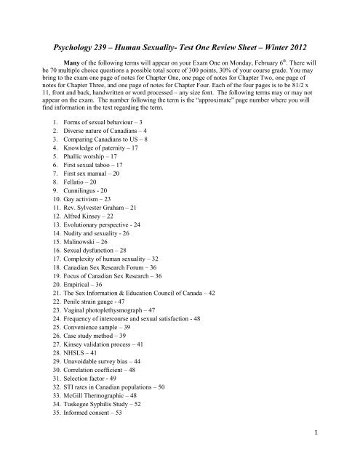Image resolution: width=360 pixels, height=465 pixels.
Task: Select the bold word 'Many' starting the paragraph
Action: click(75, 62)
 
